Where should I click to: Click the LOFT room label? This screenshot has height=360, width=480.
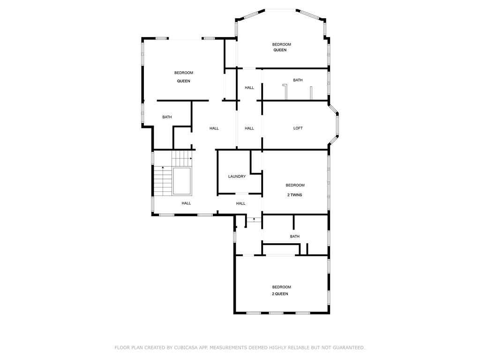tap(298, 128)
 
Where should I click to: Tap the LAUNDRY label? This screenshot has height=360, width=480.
tap(237, 177)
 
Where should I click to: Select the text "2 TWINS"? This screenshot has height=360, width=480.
tap(295, 195)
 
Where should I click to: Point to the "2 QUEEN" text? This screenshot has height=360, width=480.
tap(280, 294)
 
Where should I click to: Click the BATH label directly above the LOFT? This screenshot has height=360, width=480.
tap(298, 80)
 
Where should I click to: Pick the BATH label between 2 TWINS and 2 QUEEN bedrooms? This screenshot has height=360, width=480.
tap(295, 236)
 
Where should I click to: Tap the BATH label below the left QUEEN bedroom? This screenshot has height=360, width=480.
tap(167, 117)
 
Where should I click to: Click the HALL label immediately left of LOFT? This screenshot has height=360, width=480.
tap(249, 128)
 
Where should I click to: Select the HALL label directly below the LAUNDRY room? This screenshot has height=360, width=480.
tap(241, 203)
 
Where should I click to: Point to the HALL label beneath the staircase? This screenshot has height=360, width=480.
tap(186, 203)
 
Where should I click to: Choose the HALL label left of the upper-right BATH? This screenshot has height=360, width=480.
tap(249, 88)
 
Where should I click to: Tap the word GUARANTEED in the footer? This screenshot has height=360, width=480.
tap(348, 347)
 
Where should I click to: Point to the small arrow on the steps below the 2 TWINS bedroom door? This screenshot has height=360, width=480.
tap(254, 219)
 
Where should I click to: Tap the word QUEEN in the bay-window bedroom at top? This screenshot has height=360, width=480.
tap(280, 50)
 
